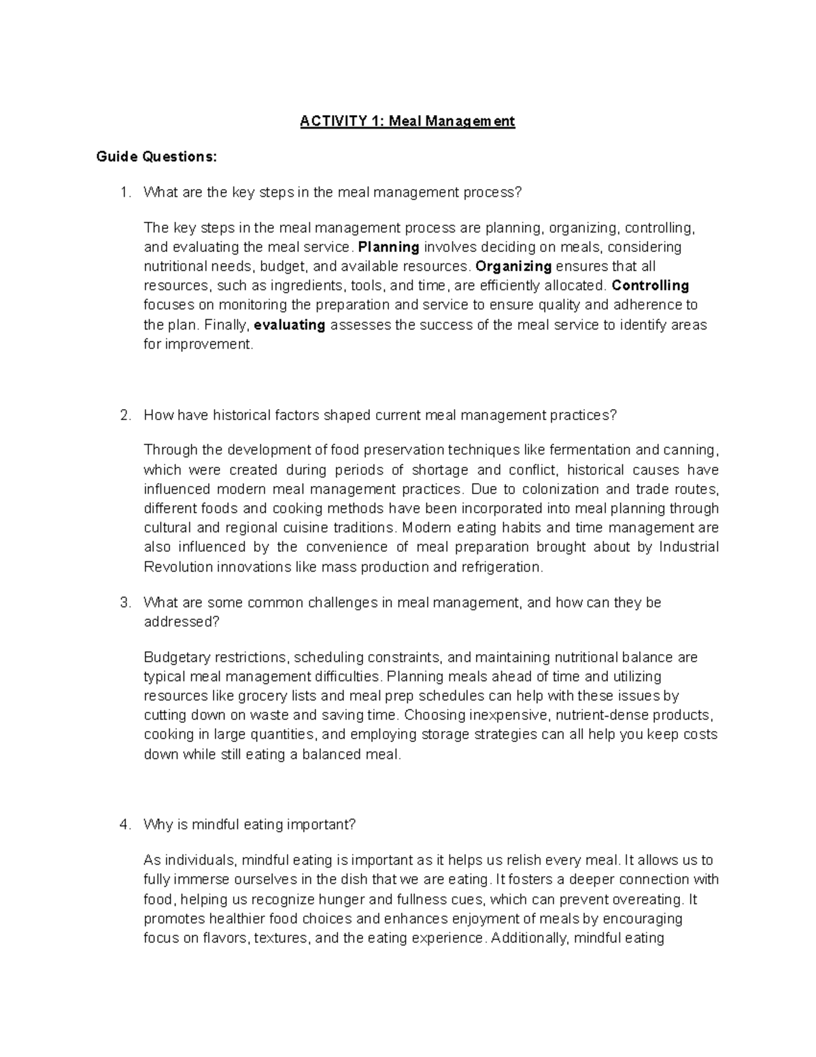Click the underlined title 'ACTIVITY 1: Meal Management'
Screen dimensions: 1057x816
408,121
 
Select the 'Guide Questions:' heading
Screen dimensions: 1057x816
156,157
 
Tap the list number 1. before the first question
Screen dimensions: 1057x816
124,192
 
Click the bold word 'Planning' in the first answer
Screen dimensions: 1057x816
388,246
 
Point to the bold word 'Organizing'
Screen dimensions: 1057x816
513,266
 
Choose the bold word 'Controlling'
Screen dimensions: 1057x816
651,285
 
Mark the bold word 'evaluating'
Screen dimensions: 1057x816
289,325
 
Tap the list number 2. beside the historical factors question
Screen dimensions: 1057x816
124,415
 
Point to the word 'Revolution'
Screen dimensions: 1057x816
178,567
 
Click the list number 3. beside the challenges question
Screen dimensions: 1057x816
124,602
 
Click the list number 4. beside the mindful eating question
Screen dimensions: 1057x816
124,824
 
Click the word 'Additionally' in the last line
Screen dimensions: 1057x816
531,938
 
